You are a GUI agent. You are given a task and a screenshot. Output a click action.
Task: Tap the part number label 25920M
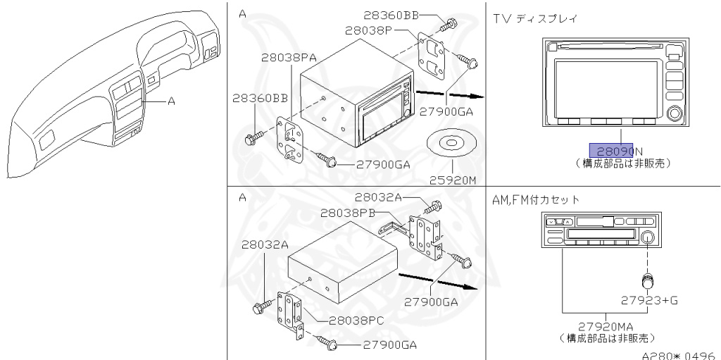point(452,179)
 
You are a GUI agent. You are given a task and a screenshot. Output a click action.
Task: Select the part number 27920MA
point(605,326)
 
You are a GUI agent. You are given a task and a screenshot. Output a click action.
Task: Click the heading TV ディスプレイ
point(536,18)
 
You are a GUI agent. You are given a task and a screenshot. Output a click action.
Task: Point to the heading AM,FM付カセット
point(537,200)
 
